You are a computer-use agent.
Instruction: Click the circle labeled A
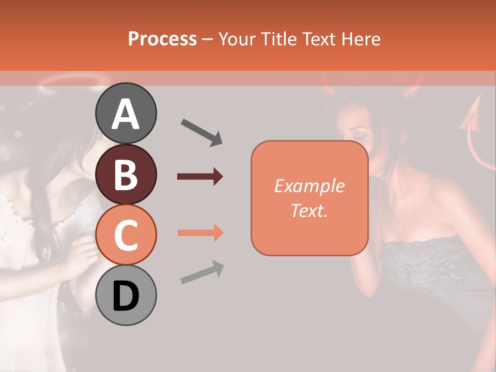[x=126, y=113]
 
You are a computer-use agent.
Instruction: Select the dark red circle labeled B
[x=126, y=174]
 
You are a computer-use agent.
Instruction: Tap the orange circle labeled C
[x=126, y=235]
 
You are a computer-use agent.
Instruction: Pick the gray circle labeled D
[x=126, y=295]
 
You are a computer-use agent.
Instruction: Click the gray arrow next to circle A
[x=202, y=132]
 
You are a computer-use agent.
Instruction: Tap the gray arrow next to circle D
[x=202, y=272]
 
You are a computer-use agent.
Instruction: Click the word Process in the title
[x=162, y=39]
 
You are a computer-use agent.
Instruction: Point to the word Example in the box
[x=309, y=186]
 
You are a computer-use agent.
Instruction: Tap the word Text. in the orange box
[x=309, y=210]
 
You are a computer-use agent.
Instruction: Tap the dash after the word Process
[x=208, y=39]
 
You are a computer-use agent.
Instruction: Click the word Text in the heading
[x=317, y=39]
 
